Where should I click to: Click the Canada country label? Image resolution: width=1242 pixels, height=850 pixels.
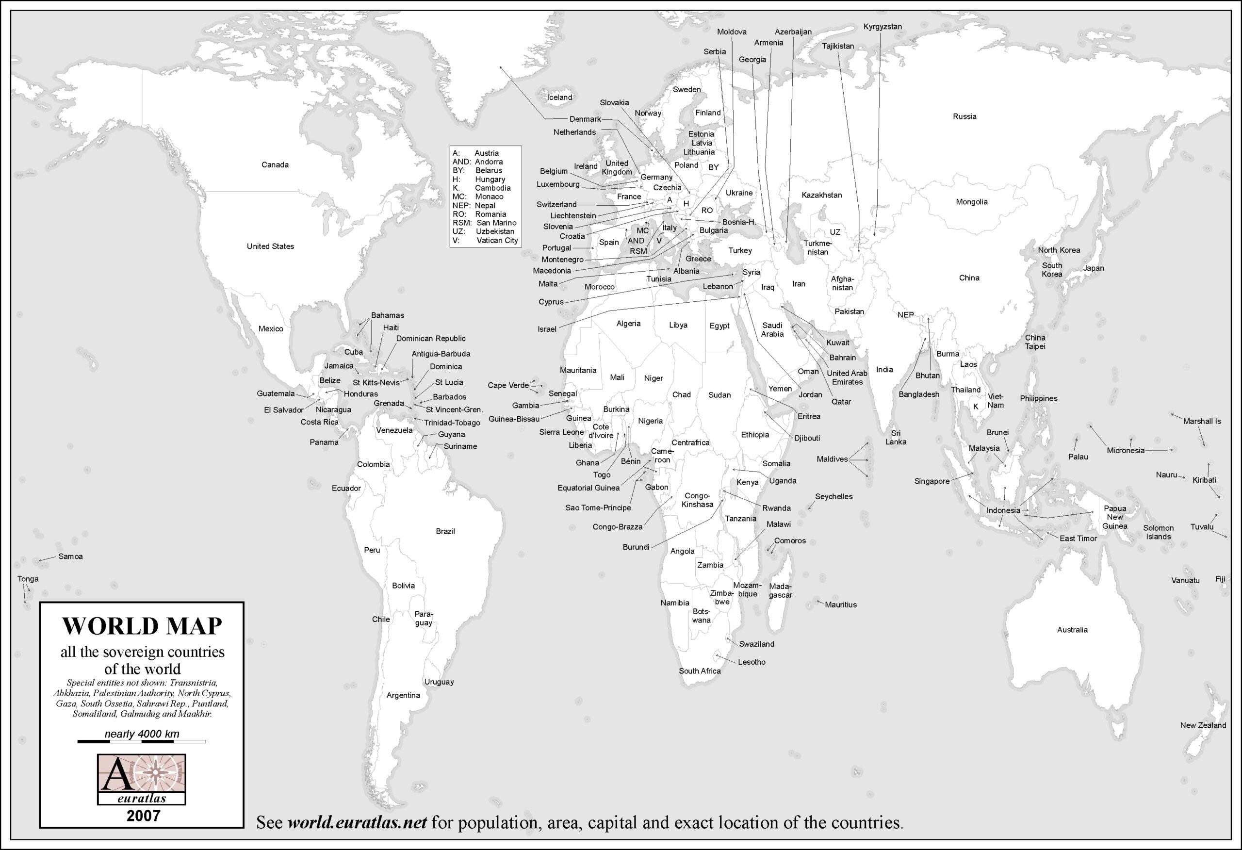[275, 164]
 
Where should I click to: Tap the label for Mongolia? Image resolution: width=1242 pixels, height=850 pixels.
[971, 201]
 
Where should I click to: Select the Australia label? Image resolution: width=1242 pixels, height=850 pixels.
[1072, 630]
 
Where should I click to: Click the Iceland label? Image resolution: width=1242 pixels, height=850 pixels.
[559, 98]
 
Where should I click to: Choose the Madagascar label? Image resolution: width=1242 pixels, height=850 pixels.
[780, 590]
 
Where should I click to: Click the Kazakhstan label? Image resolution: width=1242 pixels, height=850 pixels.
[821, 195]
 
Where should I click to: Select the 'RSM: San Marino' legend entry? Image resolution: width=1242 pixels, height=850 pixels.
[484, 223]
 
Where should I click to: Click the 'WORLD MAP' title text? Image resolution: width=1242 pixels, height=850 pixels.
[142, 626]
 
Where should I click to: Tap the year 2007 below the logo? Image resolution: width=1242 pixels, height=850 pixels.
[143, 815]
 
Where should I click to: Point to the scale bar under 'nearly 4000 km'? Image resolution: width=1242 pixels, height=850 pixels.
[142, 741]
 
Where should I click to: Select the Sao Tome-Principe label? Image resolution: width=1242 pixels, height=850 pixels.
[598, 507]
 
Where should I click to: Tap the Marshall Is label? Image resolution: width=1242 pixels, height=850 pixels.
[1201, 421]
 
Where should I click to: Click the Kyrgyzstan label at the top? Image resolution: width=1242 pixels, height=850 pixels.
[882, 27]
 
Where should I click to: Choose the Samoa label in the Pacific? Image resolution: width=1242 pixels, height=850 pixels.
[70, 556]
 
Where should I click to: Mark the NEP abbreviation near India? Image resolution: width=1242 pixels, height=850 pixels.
[905, 315]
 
